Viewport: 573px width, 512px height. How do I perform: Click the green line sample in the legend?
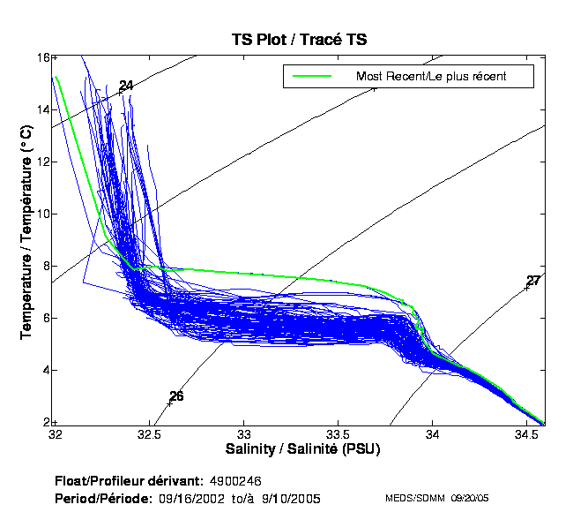tap(313, 76)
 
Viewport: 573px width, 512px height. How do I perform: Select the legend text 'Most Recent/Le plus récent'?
tap(430, 76)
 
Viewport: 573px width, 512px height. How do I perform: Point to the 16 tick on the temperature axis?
tap(41, 57)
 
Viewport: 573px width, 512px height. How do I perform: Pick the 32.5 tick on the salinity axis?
tap(150, 435)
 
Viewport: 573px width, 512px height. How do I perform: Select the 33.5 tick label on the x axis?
tap(339, 435)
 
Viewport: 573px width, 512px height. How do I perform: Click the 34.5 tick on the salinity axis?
tap(526, 435)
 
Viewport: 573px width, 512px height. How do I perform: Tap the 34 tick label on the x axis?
tap(433, 435)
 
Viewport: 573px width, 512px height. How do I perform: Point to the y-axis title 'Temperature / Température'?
tap(26, 234)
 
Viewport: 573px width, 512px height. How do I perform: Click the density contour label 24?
tap(126, 86)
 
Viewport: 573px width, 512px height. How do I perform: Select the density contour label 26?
tap(176, 396)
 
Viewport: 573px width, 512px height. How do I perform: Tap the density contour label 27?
tap(532, 281)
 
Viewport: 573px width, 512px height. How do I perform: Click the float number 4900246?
tap(236, 481)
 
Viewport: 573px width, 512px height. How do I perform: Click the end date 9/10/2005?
tap(292, 499)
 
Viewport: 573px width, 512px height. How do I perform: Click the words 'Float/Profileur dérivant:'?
tap(129, 481)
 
